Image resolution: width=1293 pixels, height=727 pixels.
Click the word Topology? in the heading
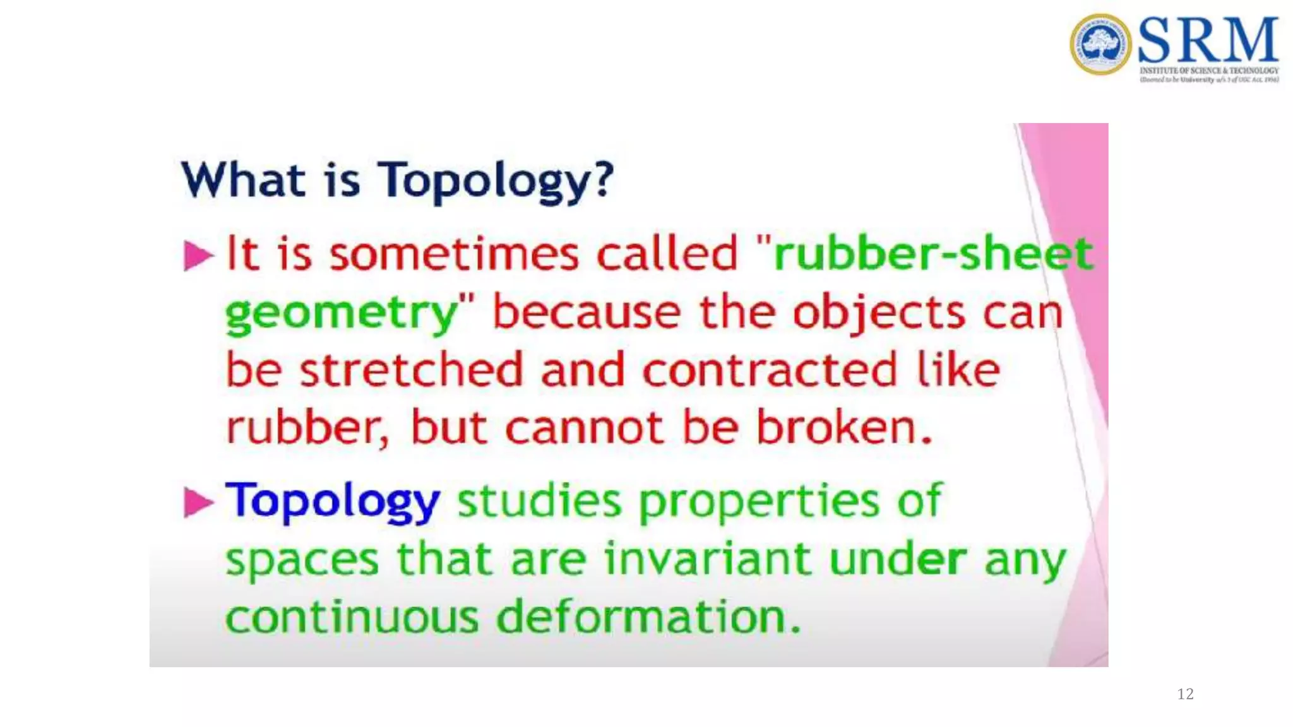pos(495,181)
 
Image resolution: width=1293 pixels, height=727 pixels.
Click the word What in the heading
pos(243,180)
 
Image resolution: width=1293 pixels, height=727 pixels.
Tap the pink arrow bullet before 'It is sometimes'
pos(198,256)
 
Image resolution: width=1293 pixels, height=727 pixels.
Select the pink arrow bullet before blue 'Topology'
pos(198,502)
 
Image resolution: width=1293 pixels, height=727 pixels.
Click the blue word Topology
pos(333,502)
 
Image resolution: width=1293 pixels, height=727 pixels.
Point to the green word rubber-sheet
pos(933,254)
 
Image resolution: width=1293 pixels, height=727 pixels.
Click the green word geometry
pos(341,314)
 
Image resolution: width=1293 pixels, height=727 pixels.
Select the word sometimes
pos(454,254)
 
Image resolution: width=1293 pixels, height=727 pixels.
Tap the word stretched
pos(411,370)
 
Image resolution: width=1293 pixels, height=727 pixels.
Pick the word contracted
pos(770,370)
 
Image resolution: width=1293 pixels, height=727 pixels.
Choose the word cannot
pos(585,428)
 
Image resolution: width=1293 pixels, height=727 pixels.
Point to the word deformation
pos(648,617)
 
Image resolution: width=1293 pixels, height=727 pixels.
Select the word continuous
pos(352,617)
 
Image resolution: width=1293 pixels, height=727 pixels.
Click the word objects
pos(878,314)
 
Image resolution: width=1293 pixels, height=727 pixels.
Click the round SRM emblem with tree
pos(1100,45)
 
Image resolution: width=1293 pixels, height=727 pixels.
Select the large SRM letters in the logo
pos(1208,40)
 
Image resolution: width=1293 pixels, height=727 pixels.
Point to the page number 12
pos(1185,694)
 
